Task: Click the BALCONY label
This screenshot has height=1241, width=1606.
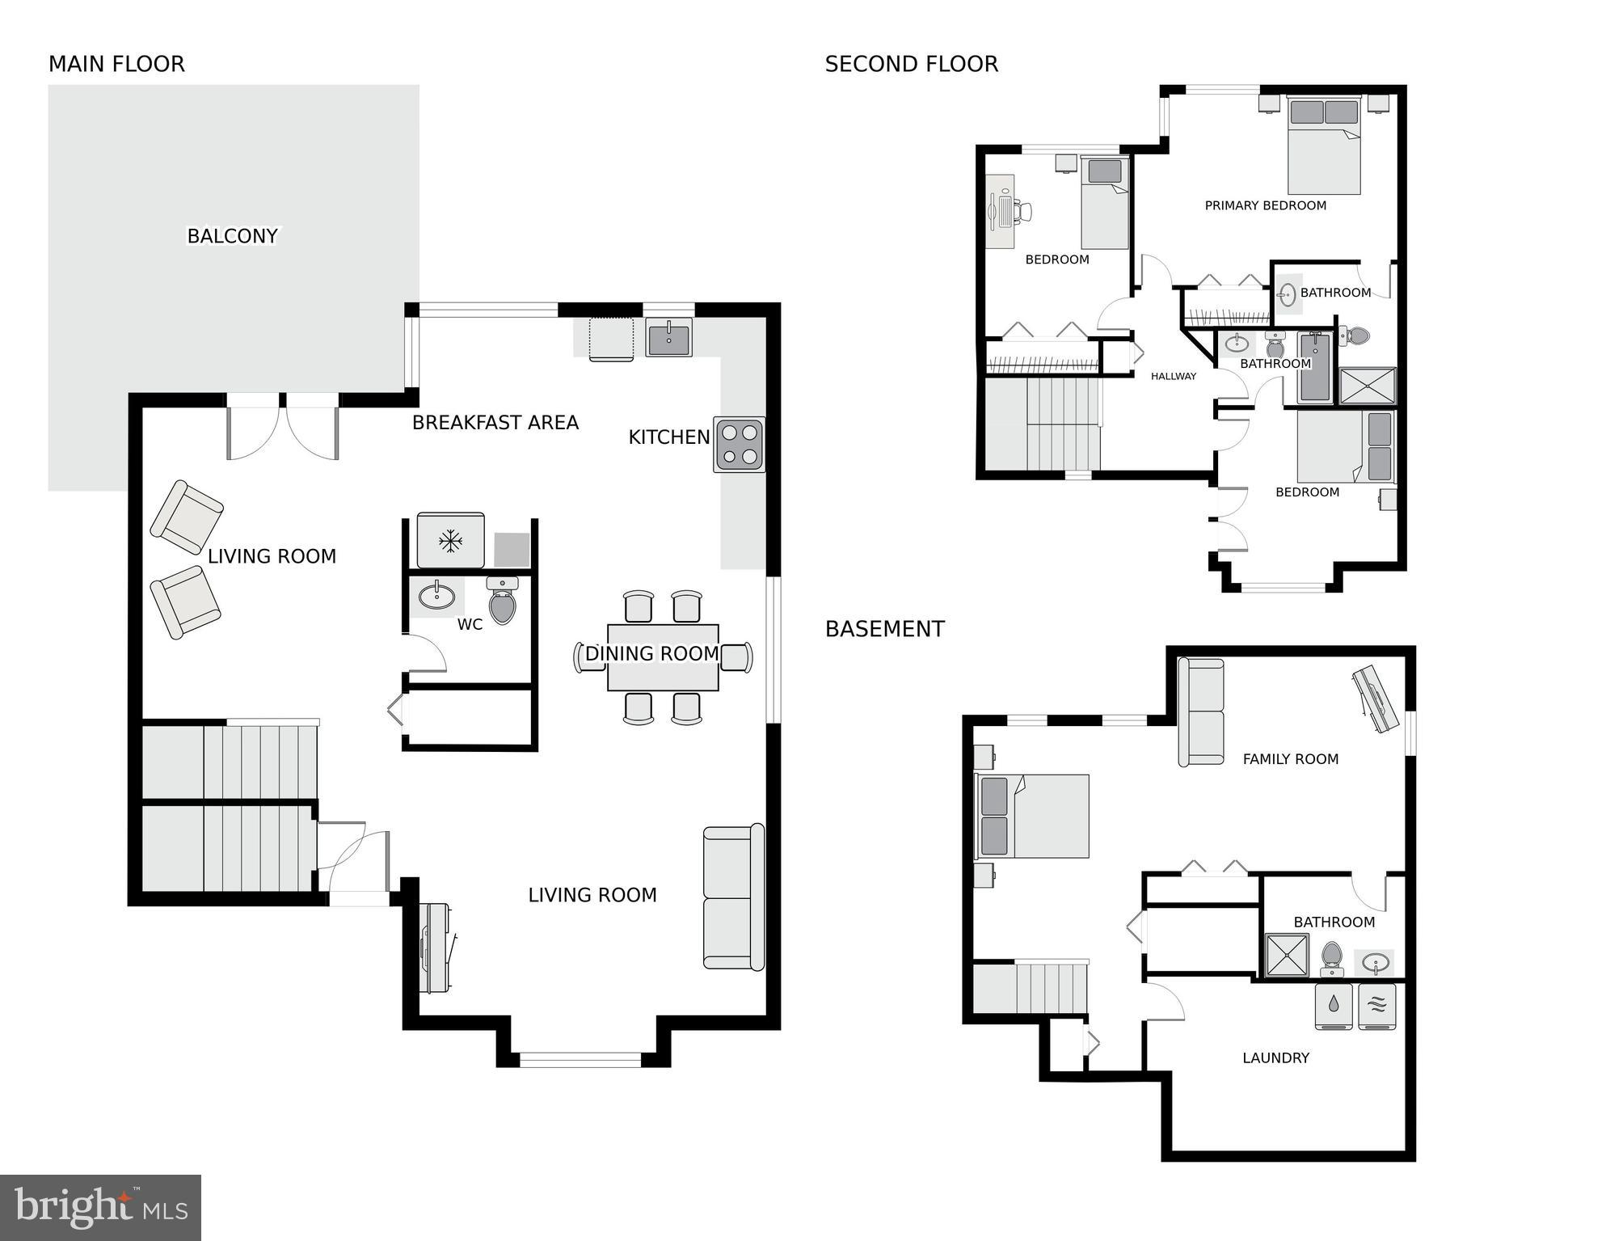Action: [x=232, y=236]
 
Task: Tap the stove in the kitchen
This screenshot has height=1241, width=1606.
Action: [x=739, y=445]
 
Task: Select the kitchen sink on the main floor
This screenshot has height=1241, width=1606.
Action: [x=668, y=337]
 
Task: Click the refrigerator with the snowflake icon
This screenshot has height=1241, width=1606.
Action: [x=450, y=540]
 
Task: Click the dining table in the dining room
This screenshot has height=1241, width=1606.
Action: [x=663, y=656]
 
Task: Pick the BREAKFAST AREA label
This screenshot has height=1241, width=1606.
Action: [x=495, y=423]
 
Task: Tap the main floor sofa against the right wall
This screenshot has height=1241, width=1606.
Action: [x=733, y=897]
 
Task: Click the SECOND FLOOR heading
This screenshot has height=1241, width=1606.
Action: [x=911, y=65]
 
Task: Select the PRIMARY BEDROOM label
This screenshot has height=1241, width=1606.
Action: [x=1265, y=206]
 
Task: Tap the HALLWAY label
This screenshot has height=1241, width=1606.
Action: [x=1173, y=376]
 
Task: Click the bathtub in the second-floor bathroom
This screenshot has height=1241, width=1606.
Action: [x=1315, y=369]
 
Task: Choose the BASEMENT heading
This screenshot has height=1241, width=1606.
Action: [x=884, y=629]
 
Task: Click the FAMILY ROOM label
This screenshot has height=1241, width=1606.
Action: [x=1290, y=759]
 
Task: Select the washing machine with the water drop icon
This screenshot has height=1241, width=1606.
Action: [x=1334, y=1006]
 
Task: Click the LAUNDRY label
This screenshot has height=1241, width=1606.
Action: [x=1275, y=1058]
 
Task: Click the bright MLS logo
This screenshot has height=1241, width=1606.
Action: [x=100, y=1207]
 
